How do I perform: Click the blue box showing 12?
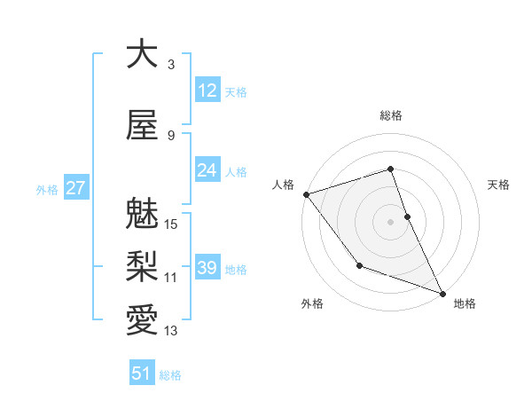tap(207, 90)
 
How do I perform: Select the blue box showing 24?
tap(207, 170)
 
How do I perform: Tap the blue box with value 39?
tap(207, 268)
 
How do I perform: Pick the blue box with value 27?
tap(75, 188)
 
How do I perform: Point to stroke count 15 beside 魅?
tap(172, 224)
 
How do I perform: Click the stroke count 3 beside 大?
tap(171, 65)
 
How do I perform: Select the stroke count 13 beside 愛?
tap(172, 331)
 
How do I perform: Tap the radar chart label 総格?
tap(391, 115)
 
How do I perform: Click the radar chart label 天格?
tap(499, 185)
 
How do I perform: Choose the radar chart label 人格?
tap(283, 185)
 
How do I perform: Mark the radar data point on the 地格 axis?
tap(442, 293)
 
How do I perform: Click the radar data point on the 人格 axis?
tap(306, 194)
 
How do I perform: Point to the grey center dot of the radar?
tap(391, 222)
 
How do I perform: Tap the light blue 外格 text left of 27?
tap(47, 189)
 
